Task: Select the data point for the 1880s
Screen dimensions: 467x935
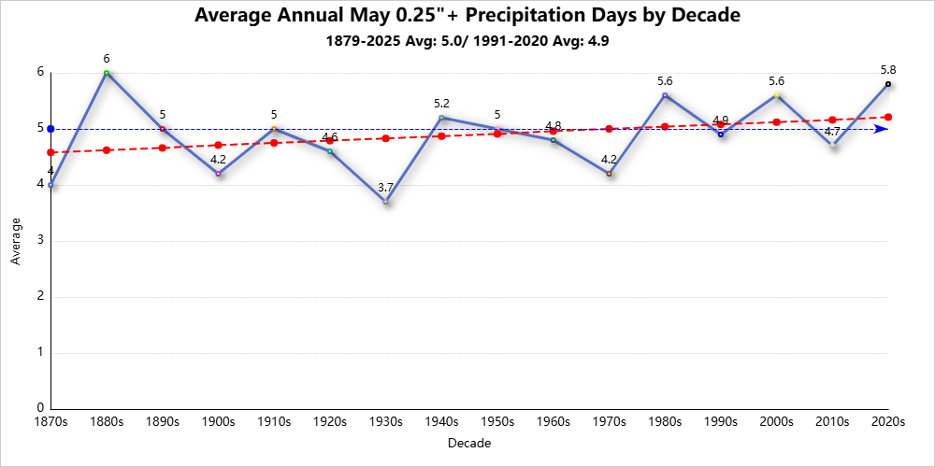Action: pos(107,73)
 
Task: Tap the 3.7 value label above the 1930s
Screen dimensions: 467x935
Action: pos(385,188)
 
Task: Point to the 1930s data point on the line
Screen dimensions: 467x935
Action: pos(385,202)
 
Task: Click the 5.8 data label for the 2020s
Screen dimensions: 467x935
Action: pos(887,70)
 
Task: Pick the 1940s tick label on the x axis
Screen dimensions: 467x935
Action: pos(441,422)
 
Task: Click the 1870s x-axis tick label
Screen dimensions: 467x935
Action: pos(50,422)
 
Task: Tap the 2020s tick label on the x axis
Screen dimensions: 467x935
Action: pos(887,422)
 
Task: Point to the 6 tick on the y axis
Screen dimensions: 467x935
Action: pos(40,72)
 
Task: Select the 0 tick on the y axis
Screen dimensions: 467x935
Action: pos(40,408)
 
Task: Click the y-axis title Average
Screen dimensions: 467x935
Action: pos(16,241)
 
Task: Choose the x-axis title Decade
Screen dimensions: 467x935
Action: pos(468,443)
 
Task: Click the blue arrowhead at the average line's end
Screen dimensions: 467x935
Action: pos(882,129)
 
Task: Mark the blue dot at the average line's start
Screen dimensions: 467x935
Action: pos(50,129)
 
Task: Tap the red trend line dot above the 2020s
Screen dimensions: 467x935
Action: pos(887,117)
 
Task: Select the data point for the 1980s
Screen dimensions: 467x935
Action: pos(665,95)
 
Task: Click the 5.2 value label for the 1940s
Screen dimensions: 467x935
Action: pos(441,104)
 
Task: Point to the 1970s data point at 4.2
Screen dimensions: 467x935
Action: pos(609,174)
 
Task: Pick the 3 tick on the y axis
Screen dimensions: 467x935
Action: pos(40,241)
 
